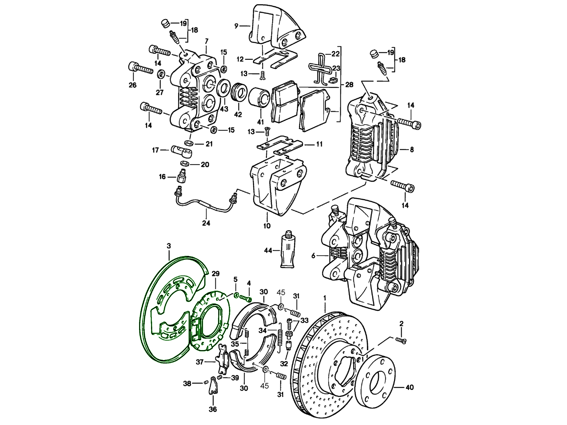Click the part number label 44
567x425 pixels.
(x=268, y=250)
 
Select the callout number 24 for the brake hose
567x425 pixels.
(x=206, y=223)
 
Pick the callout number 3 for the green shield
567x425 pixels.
(x=169, y=245)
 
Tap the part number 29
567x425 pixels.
(x=215, y=273)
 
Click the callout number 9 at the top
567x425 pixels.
(x=236, y=25)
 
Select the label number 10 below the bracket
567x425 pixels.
(x=267, y=226)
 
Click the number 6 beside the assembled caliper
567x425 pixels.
(x=313, y=255)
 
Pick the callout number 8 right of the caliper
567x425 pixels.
(x=411, y=149)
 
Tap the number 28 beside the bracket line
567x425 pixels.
(x=349, y=85)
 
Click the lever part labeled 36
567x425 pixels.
(x=212, y=385)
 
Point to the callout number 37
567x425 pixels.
(x=200, y=362)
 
